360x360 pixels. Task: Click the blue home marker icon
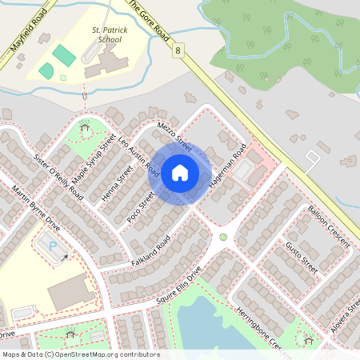coord(180,173)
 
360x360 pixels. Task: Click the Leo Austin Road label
coord(138,153)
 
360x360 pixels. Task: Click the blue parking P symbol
coord(53,246)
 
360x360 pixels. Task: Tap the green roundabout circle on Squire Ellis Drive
coord(223,238)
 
